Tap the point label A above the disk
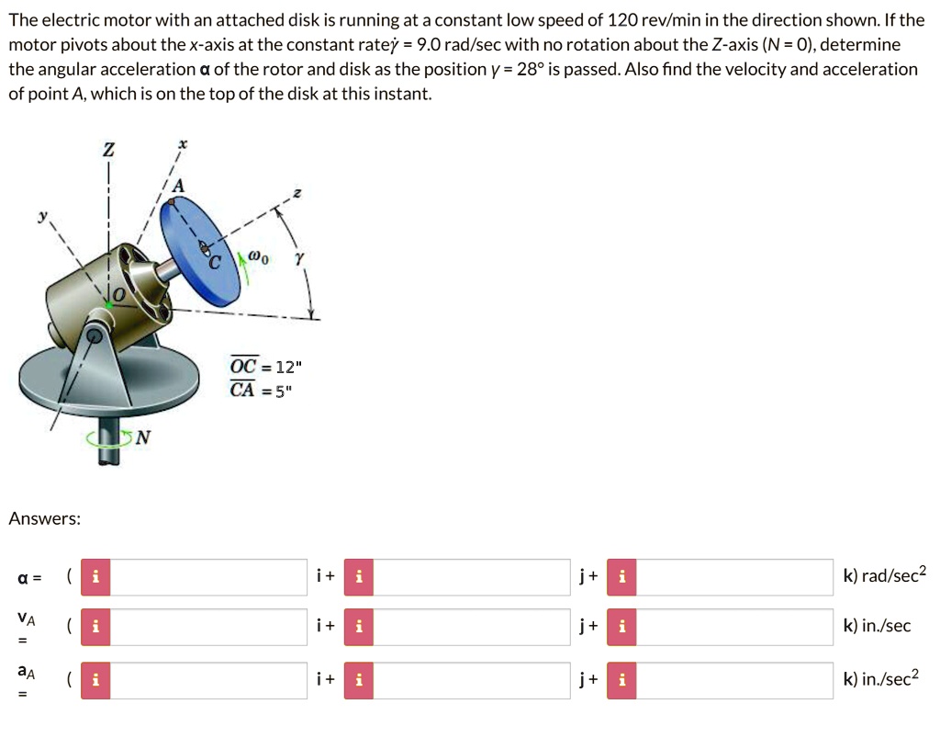pyautogui.click(x=178, y=187)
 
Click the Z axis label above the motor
pyautogui.click(x=110, y=149)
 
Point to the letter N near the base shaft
pyautogui.click(x=142, y=437)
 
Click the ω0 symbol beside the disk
pyautogui.click(x=260, y=258)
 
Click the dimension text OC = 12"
pyautogui.click(x=264, y=367)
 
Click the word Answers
pyautogui.click(x=44, y=519)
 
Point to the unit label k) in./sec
pyautogui.click(x=877, y=626)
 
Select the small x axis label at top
pyautogui.click(x=182, y=144)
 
